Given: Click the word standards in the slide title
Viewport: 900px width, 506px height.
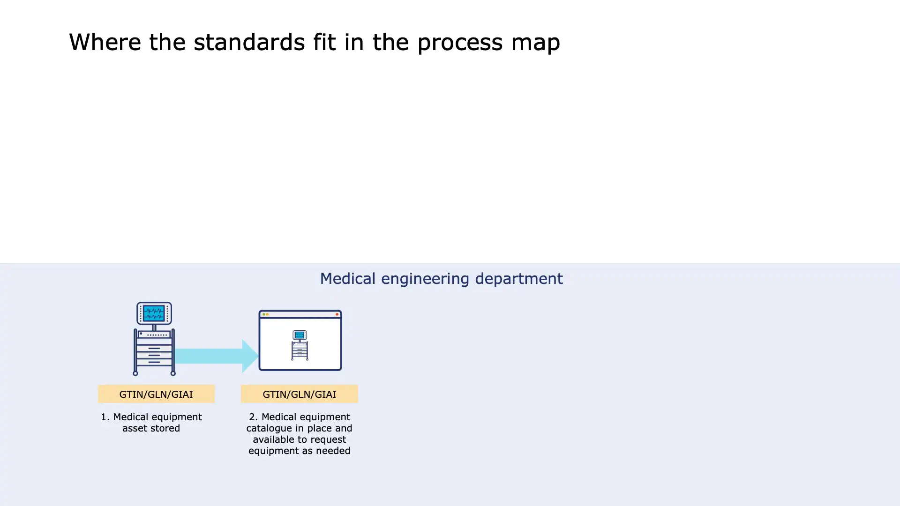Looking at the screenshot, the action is click(249, 42).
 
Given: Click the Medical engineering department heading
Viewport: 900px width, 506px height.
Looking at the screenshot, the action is click(441, 279).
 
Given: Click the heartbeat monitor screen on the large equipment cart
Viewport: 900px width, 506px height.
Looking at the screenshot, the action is click(154, 313).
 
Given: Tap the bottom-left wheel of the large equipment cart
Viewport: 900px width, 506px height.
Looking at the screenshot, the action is click(135, 373).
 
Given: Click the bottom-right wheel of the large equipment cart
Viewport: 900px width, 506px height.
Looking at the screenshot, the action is click(173, 373).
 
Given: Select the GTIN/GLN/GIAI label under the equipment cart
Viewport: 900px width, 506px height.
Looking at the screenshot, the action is click(156, 394).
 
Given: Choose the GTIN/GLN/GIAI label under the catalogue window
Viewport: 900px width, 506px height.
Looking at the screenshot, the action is click(299, 394).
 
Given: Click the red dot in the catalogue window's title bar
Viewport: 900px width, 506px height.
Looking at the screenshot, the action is click(337, 314).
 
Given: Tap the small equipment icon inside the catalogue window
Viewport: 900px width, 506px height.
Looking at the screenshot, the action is click(300, 345).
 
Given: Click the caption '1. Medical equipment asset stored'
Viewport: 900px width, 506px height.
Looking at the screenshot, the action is click(151, 423).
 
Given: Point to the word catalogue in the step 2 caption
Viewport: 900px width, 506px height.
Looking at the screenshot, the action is click(269, 429).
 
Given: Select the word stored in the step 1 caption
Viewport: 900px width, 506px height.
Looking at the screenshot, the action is click(165, 428).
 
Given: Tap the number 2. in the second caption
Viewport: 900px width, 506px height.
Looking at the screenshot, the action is click(253, 417).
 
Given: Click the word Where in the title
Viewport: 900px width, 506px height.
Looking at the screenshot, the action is click(105, 42).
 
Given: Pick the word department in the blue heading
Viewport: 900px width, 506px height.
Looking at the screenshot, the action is click(519, 279).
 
